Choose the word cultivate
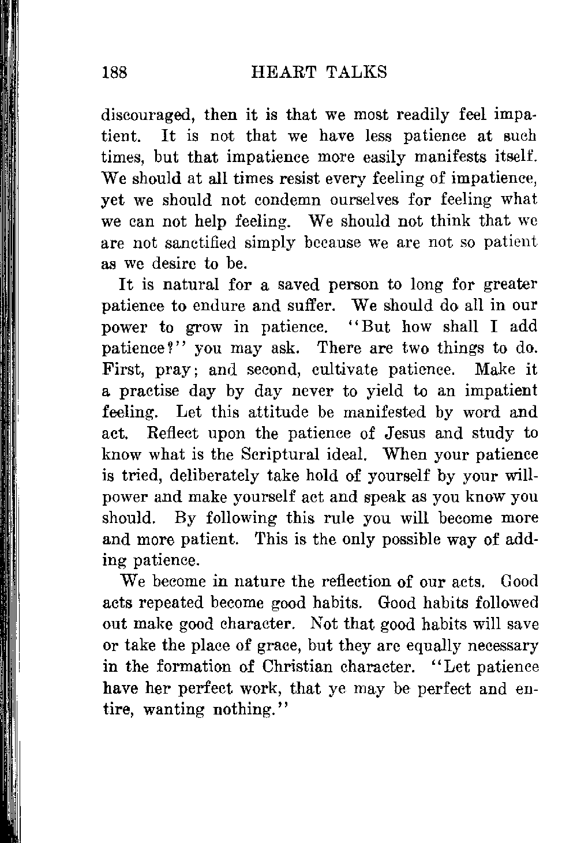tap(345, 369)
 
